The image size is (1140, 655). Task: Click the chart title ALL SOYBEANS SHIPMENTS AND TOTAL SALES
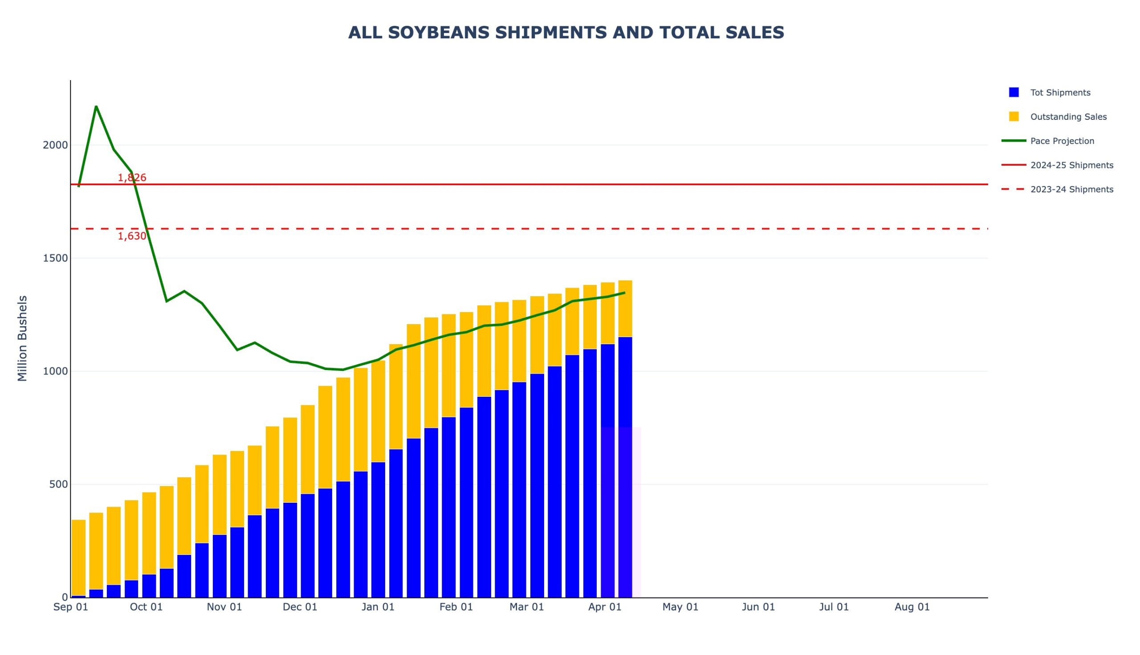[566, 33]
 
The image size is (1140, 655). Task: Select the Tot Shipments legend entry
[1060, 93]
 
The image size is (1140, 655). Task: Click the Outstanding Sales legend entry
[1068, 117]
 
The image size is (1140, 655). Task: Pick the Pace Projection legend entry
[1062, 141]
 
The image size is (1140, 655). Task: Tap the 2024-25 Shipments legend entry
[1071, 166]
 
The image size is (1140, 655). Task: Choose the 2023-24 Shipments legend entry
[1071, 190]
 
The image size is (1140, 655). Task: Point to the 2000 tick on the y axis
[55, 145]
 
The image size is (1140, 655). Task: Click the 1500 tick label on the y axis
[55, 258]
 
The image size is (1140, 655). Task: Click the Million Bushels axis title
[23, 338]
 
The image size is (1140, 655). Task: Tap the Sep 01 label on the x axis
[71, 607]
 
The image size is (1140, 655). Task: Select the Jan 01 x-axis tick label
[378, 607]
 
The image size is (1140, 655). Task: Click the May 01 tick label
[680, 607]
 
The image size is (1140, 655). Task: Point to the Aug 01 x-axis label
[912, 607]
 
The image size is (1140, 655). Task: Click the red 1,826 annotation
[132, 178]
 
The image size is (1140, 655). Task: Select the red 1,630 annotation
[132, 236]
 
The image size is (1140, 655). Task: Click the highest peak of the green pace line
[96, 106]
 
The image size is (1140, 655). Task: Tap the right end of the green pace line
[624, 293]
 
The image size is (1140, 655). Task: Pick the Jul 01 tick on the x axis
[834, 607]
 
